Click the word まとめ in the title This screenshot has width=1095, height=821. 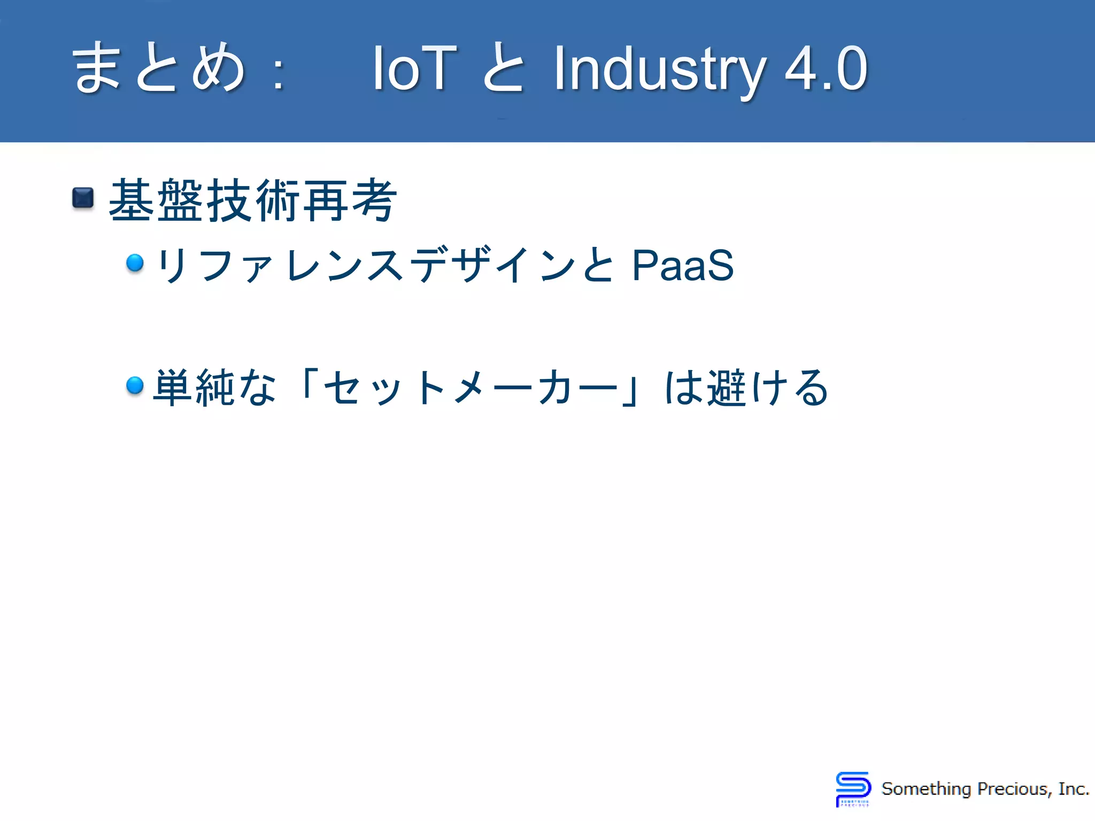point(159,68)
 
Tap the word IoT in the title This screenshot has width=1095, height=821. point(414,68)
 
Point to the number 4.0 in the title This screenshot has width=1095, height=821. point(826,68)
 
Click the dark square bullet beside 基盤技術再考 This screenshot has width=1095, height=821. point(83,198)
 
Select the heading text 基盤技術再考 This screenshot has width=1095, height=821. point(252,200)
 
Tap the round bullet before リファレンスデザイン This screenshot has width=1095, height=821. point(135,262)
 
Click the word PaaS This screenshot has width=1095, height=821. point(682,265)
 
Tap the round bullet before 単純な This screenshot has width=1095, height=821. point(135,385)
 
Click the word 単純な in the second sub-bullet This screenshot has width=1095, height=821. point(214,388)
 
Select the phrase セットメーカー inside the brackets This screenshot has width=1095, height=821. point(471,388)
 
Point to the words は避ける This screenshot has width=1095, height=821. point(746,388)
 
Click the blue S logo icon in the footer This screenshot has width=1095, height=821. point(853,788)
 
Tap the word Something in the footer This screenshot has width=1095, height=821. point(926,789)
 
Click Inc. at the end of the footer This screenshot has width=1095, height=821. point(1074,789)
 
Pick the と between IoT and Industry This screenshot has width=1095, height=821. point(503,68)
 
